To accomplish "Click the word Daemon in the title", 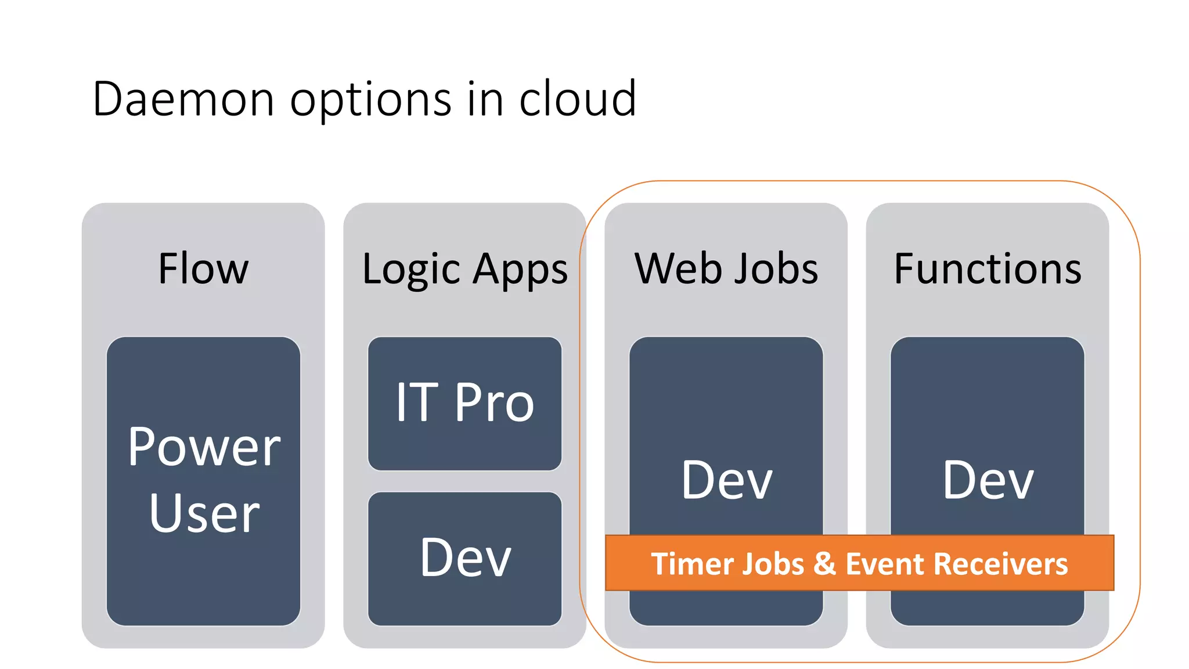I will (x=183, y=99).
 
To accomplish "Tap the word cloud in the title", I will (x=578, y=99).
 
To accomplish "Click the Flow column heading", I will (x=203, y=269).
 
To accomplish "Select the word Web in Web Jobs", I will (x=674, y=269).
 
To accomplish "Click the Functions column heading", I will (x=988, y=269).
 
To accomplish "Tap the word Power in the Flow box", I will (x=204, y=447).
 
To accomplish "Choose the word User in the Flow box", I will (x=204, y=513).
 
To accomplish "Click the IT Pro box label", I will (x=465, y=402).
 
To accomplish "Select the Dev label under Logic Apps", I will (x=465, y=558).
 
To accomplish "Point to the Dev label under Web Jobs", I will (x=726, y=480).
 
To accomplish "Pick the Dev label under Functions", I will (x=988, y=480).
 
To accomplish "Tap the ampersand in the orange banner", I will (x=824, y=564).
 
